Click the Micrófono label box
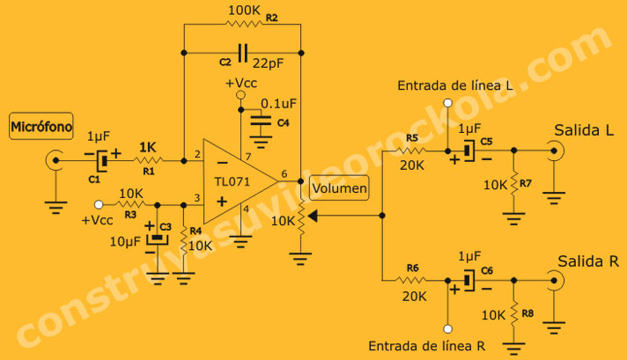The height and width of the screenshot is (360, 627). (41, 127)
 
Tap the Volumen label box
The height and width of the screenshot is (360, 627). (340, 187)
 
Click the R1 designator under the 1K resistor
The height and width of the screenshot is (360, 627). (149, 172)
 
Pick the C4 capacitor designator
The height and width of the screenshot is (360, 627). (283, 122)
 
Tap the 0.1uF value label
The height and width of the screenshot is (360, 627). (278, 103)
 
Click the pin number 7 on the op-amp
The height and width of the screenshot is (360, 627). (248, 157)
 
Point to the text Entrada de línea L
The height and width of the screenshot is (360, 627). (455, 86)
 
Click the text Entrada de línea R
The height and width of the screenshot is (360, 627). (426, 344)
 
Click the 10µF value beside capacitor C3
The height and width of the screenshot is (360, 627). (122, 242)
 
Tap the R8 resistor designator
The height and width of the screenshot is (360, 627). (527, 312)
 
